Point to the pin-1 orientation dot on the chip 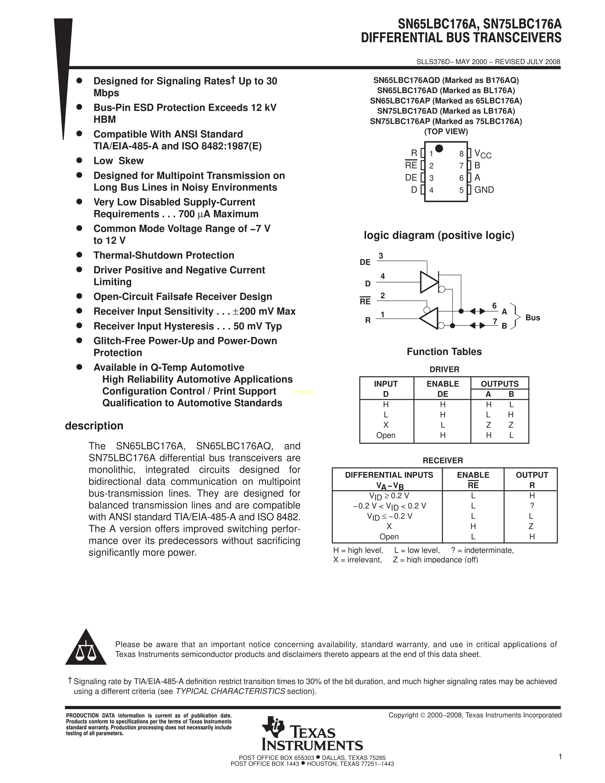439,149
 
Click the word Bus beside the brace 533,318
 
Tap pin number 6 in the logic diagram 494,306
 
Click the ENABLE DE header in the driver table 443,389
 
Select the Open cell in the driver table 386,435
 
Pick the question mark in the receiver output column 532,506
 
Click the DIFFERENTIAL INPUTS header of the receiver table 389,475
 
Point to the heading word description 94,426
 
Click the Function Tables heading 444,352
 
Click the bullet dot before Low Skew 79,160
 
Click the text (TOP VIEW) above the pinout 446,132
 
